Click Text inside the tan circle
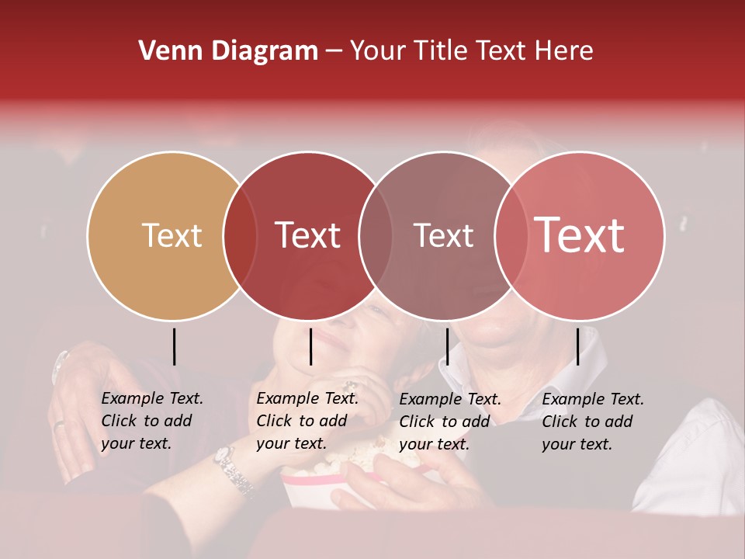[172, 235]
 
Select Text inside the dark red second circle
[307, 235]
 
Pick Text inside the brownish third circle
[443, 235]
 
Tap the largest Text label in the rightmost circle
[579, 234]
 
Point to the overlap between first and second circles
[240, 236]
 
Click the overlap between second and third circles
[376, 236]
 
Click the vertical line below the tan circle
[175, 346]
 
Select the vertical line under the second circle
[310, 346]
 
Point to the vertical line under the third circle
[447, 346]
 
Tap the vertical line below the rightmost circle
[577, 346]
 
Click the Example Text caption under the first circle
[152, 421]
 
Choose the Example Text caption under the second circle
[307, 421]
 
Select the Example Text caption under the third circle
[450, 422]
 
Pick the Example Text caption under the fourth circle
[593, 422]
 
